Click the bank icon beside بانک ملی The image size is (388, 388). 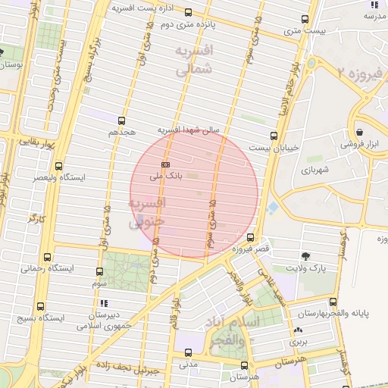[165, 164]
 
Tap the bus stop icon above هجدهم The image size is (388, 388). [121, 120]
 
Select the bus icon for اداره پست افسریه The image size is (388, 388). [188, 12]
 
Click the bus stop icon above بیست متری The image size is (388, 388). [305, 20]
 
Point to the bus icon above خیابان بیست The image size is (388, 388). [274, 136]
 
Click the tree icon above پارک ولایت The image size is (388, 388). [305, 256]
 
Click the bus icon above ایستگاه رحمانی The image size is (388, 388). [48, 257]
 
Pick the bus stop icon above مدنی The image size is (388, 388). [188, 352]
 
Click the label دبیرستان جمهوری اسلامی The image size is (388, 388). [104, 320]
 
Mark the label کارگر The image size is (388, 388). [37, 218]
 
